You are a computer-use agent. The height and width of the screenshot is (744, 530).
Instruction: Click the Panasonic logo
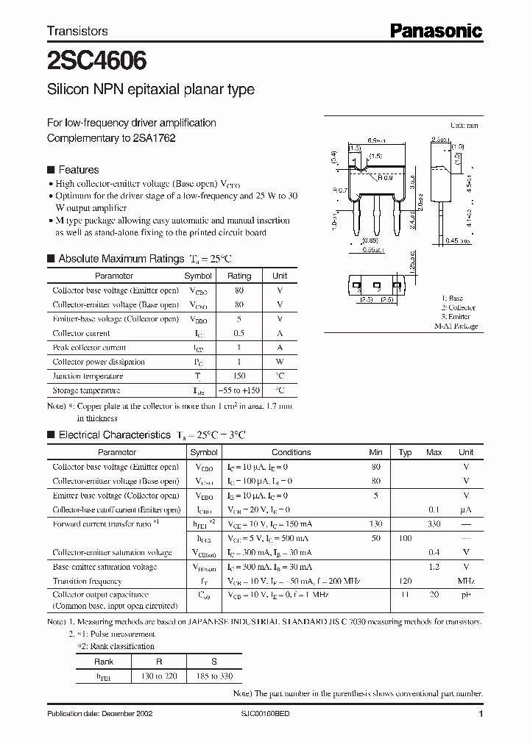(x=435, y=30)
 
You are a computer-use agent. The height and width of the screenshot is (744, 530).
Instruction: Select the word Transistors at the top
(x=77, y=31)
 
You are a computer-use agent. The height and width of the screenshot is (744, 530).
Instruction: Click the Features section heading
(x=78, y=170)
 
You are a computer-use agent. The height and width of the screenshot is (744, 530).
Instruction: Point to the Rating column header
(x=239, y=276)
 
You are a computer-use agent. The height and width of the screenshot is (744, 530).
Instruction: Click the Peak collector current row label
(x=89, y=347)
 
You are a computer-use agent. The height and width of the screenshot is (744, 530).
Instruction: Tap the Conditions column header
(x=291, y=452)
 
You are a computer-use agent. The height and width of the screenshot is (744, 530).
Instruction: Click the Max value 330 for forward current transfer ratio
(x=434, y=523)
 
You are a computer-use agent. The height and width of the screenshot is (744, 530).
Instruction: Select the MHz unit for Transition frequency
(x=465, y=581)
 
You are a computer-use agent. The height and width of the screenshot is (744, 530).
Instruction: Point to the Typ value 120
(x=404, y=581)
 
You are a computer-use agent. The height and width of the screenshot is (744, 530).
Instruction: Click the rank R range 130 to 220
(x=148, y=675)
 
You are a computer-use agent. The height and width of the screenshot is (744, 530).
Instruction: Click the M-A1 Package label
(x=456, y=326)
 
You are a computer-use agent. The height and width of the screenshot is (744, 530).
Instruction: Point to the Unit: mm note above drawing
(x=465, y=126)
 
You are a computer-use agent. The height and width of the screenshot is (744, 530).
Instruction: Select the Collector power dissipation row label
(x=99, y=362)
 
